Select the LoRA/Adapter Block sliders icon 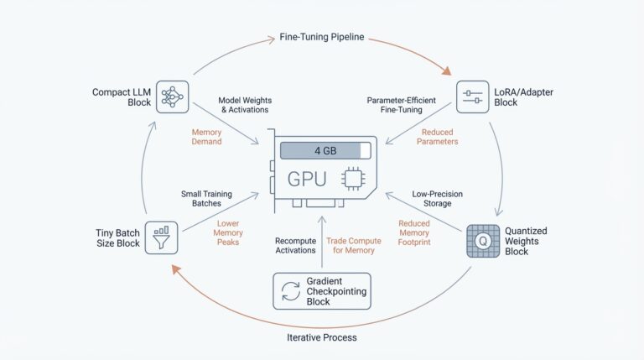pos(472,97)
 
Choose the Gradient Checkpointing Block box pos(322,290)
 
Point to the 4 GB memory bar pos(325,151)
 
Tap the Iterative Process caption pos(323,337)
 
